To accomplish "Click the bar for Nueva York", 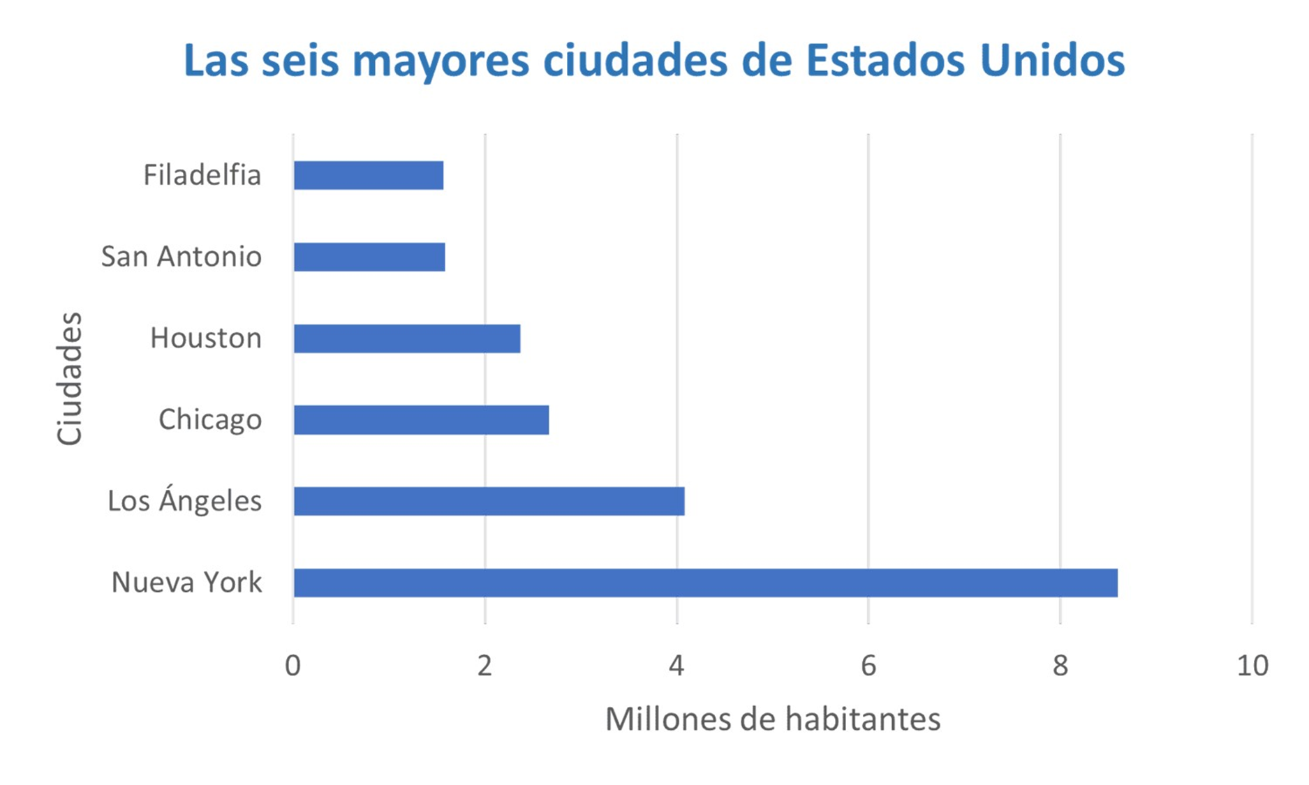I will coord(705,583).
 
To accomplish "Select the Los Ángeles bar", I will coord(489,501).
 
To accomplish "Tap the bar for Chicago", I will coord(421,420).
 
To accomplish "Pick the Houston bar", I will coord(407,338).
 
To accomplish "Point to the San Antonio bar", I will coord(369,257).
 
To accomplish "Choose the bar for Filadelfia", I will coord(369,175).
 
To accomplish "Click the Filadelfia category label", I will coord(202,175).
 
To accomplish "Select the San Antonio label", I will coord(182,257).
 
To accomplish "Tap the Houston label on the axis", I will coord(206,338).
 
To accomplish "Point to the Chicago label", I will coord(210,420).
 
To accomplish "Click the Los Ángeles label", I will coord(185,501).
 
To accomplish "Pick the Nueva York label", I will coord(187,583).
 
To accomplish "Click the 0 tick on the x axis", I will coord(293,666).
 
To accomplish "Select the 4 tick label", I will coord(676,666).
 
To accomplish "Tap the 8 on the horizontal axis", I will coord(1060,666).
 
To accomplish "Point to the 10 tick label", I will coord(1252,666).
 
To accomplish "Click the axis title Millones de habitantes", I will coord(773,719).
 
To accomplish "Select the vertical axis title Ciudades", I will coord(70,378).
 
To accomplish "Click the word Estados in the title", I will coord(885,61).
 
